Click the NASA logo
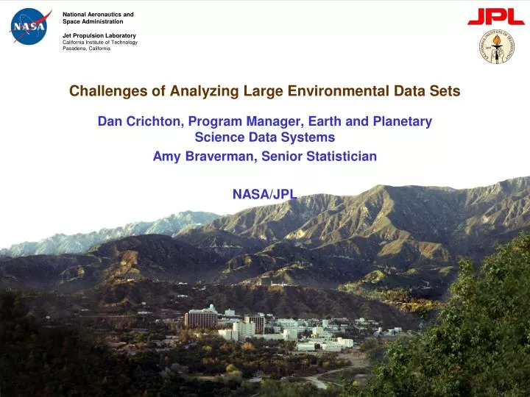click(30, 26)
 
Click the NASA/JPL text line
click(264, 194)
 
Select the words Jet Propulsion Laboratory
click(99, 35)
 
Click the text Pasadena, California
click(86, 49)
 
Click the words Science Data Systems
click(264, 137)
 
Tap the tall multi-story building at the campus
click(201, 318)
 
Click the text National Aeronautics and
click(98, 14)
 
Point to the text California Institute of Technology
click(100, 42)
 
